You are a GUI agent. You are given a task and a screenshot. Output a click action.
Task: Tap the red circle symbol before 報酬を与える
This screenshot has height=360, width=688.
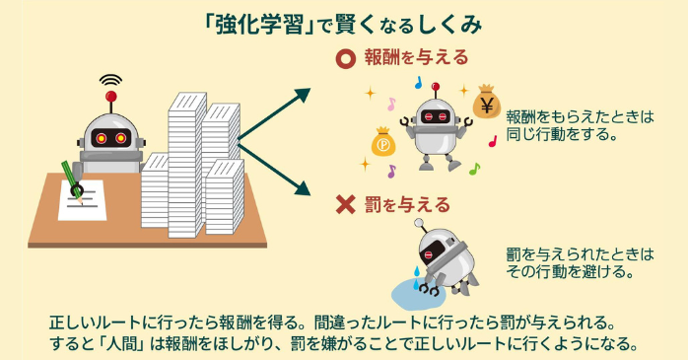coord(345,58)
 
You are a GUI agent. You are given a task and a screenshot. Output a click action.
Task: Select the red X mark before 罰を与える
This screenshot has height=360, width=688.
coord(345,205)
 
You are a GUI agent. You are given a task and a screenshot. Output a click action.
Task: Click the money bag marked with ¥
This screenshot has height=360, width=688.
coord(486,102)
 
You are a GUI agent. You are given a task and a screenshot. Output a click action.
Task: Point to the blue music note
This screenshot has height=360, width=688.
coord(418,83)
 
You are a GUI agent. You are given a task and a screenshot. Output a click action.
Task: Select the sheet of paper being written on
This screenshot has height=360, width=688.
coord(85,203)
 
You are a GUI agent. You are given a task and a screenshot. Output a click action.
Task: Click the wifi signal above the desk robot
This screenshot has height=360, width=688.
coord(110,79)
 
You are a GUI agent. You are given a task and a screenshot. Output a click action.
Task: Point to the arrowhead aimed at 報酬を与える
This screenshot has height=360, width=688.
coord(301,95)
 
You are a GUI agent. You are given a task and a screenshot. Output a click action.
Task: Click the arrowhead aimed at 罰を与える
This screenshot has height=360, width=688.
coord(301,188)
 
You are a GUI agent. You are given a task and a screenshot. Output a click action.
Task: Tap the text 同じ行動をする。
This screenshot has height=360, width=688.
coord(560,133)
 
